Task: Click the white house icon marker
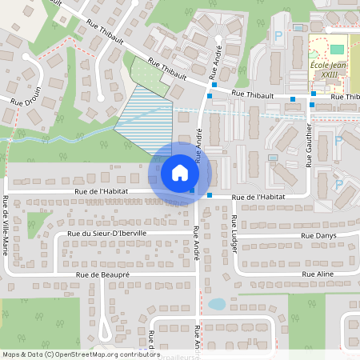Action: tap(179, 172)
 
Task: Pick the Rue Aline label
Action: tap(318, 274)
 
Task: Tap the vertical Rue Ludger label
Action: tap(234, 234)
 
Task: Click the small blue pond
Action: tap(216, 304)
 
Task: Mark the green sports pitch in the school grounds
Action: tap(337, 49)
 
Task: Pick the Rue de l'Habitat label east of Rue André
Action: tap(258, 197)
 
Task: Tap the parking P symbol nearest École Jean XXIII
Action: tap(278, 36)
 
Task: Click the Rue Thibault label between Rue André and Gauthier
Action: tap(254, 94)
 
